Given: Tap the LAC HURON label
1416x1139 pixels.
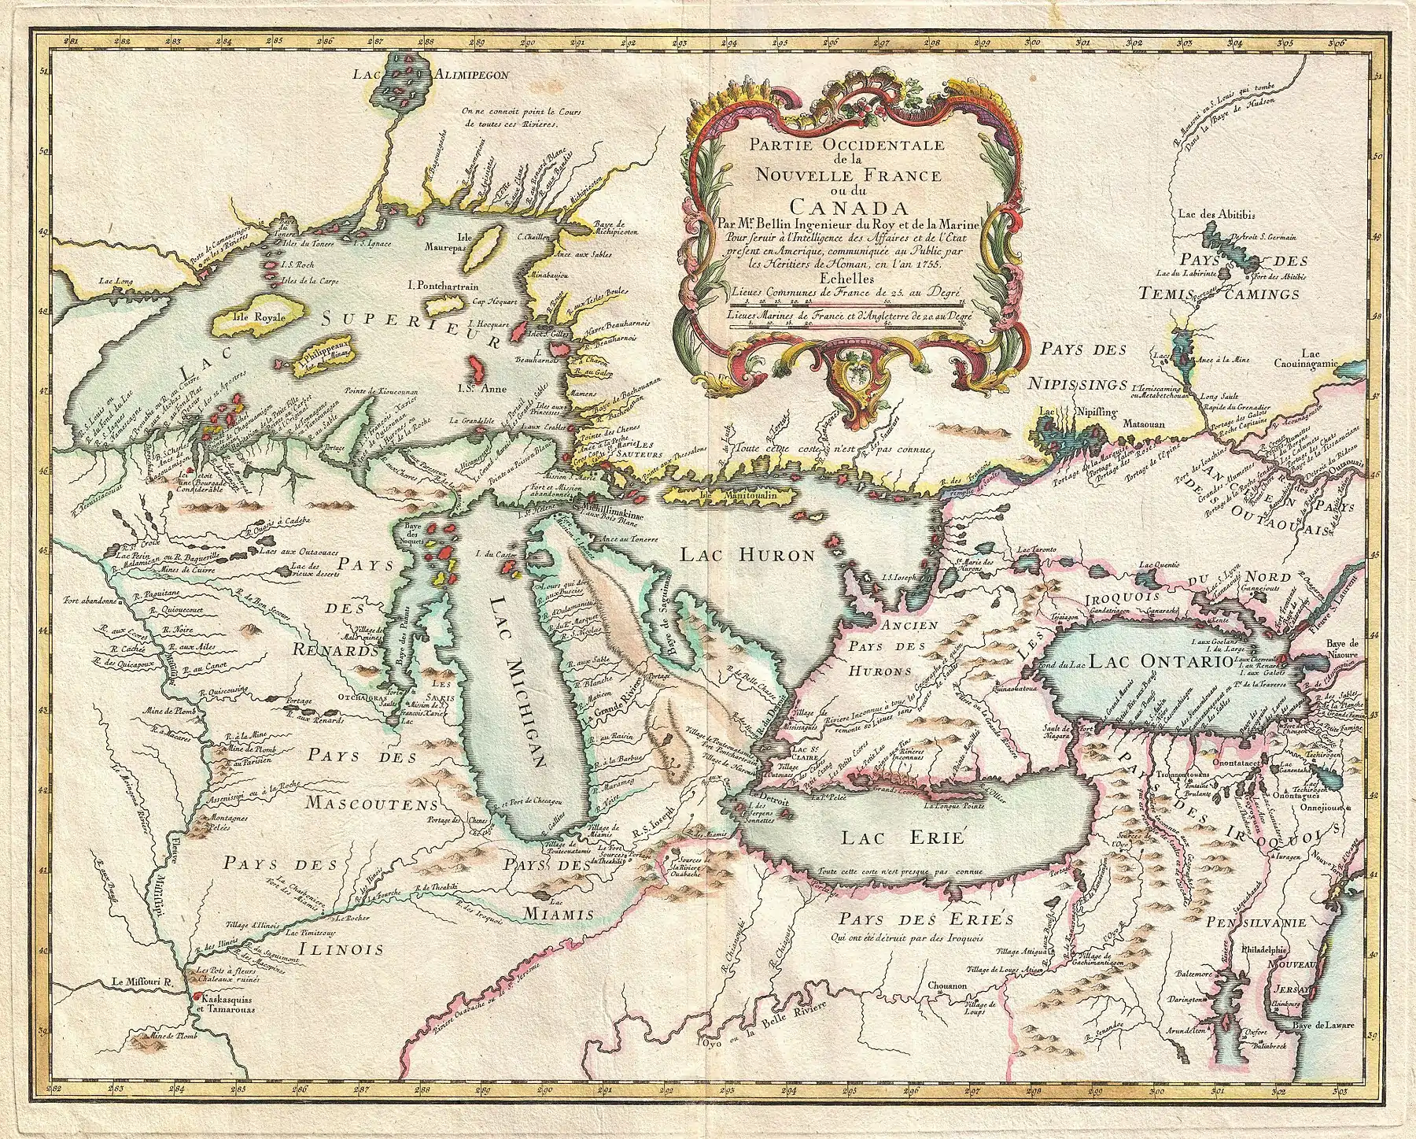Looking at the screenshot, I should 747,555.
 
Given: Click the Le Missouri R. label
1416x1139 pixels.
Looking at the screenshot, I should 146,982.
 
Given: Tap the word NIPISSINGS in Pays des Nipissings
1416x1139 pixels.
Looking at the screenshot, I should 1078,384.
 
